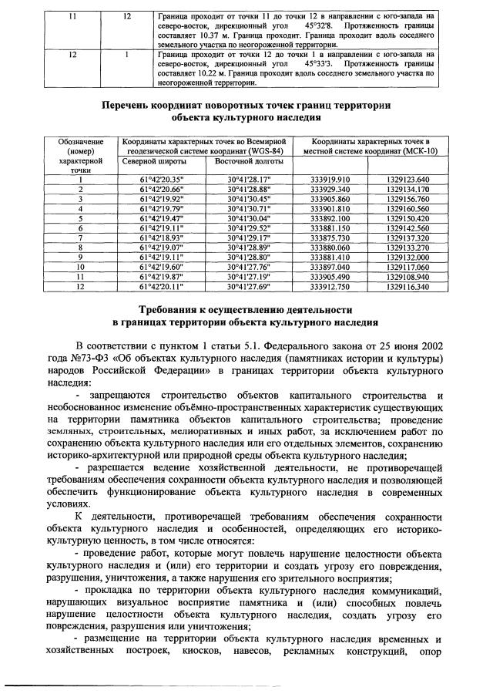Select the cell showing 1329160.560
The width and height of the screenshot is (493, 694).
pos(407,208)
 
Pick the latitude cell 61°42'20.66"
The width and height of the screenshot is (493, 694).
pos(162,189)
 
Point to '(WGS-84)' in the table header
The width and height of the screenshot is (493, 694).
pos(260,151)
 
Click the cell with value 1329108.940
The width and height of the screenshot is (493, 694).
pos(407,275)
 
